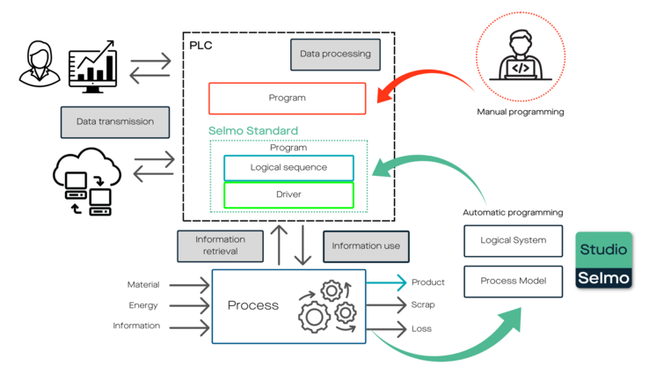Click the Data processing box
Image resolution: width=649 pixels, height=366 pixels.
coord(335,55)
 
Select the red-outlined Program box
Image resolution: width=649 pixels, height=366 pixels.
coord(288,99)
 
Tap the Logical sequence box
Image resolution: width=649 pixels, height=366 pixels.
coord(288,168)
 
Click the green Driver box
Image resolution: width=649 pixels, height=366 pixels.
coord(288,194)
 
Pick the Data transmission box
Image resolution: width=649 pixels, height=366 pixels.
coord(115,122)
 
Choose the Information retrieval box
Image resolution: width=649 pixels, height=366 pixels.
coord(220,246)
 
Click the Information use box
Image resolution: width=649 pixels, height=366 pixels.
coord(366,246)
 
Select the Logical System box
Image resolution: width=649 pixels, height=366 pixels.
coord(514,241)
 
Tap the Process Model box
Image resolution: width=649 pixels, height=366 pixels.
coord(514,282)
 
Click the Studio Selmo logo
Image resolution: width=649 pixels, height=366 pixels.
coord(603,260)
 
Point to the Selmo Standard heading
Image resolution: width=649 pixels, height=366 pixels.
coord(253,131)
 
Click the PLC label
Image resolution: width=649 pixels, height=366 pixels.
coord(201,46)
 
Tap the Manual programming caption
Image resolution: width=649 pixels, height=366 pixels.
coord(521,112)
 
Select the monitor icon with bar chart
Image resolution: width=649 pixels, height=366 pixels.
coord(92,66)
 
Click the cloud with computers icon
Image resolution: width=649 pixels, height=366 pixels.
coord(87,181)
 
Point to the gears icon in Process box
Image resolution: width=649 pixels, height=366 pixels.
coord(326,306)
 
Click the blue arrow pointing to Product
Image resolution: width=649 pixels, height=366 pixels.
coord(386,282)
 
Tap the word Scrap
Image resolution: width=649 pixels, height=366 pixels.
coord(423,304)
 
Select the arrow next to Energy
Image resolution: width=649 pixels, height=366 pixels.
coord(189,305)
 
